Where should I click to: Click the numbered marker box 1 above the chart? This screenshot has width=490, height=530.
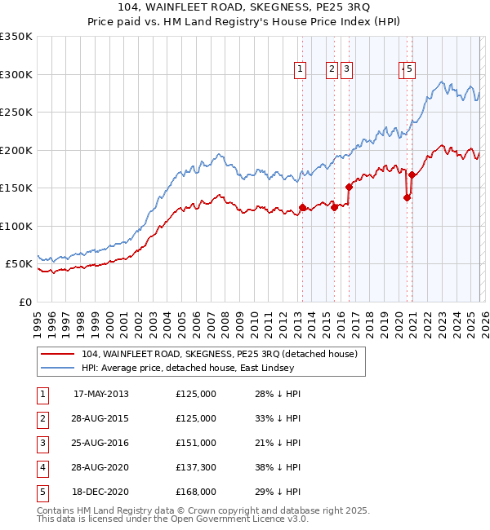(x=301, y=70)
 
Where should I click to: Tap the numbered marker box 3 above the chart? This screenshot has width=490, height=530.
(x=347, y=70)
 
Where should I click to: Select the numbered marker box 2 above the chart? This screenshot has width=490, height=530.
(x=332, y=70)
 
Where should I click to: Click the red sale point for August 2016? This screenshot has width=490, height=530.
(x=349, y=187)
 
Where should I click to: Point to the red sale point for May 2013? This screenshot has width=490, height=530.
(x=302, y=207)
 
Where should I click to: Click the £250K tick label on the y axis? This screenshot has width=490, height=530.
(x=16, y=113)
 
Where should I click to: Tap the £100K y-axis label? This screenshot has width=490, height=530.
(x=16, y=226)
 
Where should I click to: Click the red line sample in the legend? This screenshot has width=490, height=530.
(x=58, y=355)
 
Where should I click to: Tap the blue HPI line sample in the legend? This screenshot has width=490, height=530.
(x=58, y=369)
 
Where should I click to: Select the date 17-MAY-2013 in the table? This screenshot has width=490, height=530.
(x=100, y=394)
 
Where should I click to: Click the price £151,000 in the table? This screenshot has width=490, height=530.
(x=196, y=443)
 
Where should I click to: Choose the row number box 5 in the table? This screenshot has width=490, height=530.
(x=42, y=492)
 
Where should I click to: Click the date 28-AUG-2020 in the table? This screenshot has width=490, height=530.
(x=100, y=467)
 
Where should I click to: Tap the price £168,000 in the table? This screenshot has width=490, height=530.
(x=196, y=492)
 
